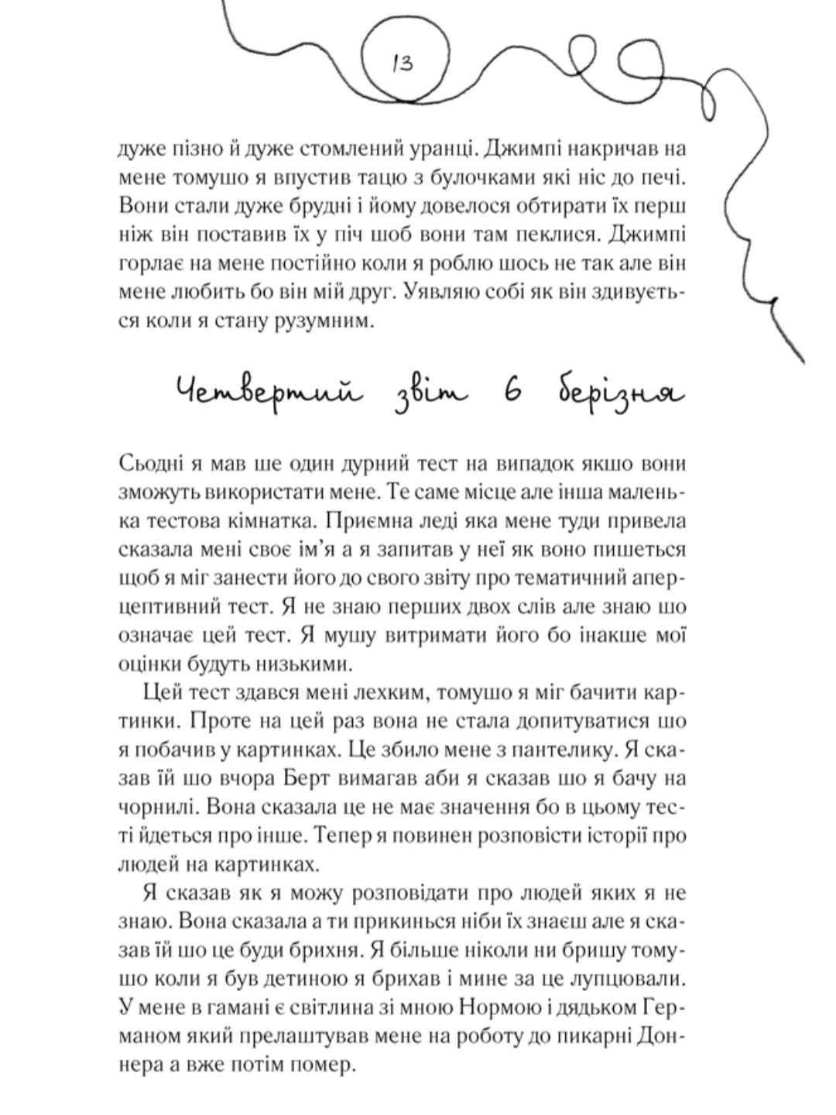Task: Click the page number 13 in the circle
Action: [403, 62]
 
